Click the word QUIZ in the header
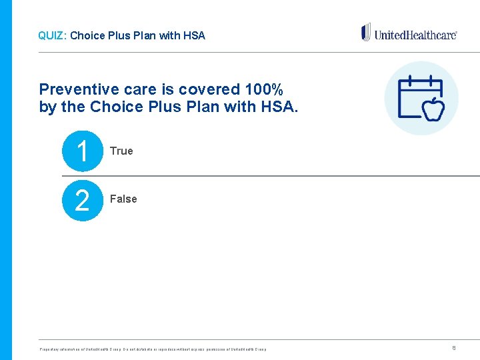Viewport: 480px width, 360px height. pyautogui.click(x=50, y=35)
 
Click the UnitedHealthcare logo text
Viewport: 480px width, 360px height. pyautogui.click(x=415, y=34)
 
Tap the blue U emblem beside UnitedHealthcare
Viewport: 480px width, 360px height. pyautogui.click(x=366, y=32)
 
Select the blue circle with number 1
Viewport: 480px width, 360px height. pyautogui.click(x=82, y=151)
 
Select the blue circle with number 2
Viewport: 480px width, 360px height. pyautogui.click(x=82, y=200)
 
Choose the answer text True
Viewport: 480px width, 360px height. pyautogui.click(x=121, y=151)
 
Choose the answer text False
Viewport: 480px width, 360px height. pyautogui.click(x=123, y=199)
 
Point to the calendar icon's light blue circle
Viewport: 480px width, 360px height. pyautogui.click(x=421, y=98)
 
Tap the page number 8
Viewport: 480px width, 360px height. pyautogui.click(x=454, y=347)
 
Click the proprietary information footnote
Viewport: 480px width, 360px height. pyautogui.click(x=153, y=349)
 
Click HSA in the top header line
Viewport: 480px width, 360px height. pyautogui.click(x=195, y=35)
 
